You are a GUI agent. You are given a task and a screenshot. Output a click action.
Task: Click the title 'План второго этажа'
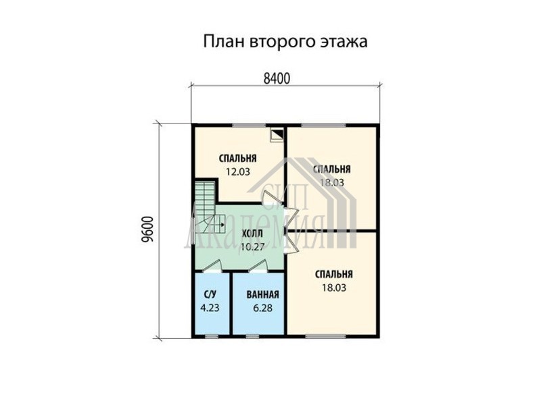click(285, 42)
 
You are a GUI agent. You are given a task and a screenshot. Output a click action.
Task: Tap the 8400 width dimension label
click(277, 79)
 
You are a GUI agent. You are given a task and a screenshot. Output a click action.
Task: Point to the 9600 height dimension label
click(147, 230)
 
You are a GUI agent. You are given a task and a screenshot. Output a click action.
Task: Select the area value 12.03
click(238, 171)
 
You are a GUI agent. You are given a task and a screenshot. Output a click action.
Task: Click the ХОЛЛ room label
click(252, 234)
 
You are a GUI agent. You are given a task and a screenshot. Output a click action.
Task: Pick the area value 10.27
click(252, 246)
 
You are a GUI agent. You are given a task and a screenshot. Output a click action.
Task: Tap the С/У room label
click(210, 294)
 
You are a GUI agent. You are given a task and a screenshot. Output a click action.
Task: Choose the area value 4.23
click(210, 308)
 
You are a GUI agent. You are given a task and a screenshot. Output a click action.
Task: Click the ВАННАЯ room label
click(262, 295)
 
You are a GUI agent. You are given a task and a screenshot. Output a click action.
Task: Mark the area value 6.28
click(262, 308)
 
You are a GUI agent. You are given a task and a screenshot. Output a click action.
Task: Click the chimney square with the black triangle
click(277, 134)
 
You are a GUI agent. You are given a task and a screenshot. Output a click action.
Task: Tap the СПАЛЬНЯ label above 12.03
click(238, 159)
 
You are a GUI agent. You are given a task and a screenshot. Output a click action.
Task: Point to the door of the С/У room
click(212, 267)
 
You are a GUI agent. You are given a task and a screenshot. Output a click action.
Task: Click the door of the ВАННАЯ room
click(259, 267)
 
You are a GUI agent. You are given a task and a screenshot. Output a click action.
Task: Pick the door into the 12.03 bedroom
click(273, 198)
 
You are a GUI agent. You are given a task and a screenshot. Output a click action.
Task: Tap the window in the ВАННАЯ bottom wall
click(252, 336)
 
